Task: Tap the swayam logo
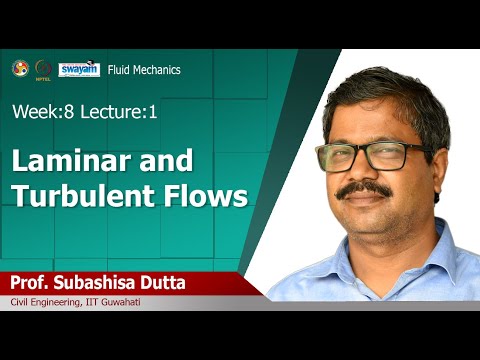click(x=78, y=68)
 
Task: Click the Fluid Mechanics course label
click(x=145, y=70)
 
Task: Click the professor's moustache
click(x=369, y=190)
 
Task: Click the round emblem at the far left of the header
click(x=17, y=68)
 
